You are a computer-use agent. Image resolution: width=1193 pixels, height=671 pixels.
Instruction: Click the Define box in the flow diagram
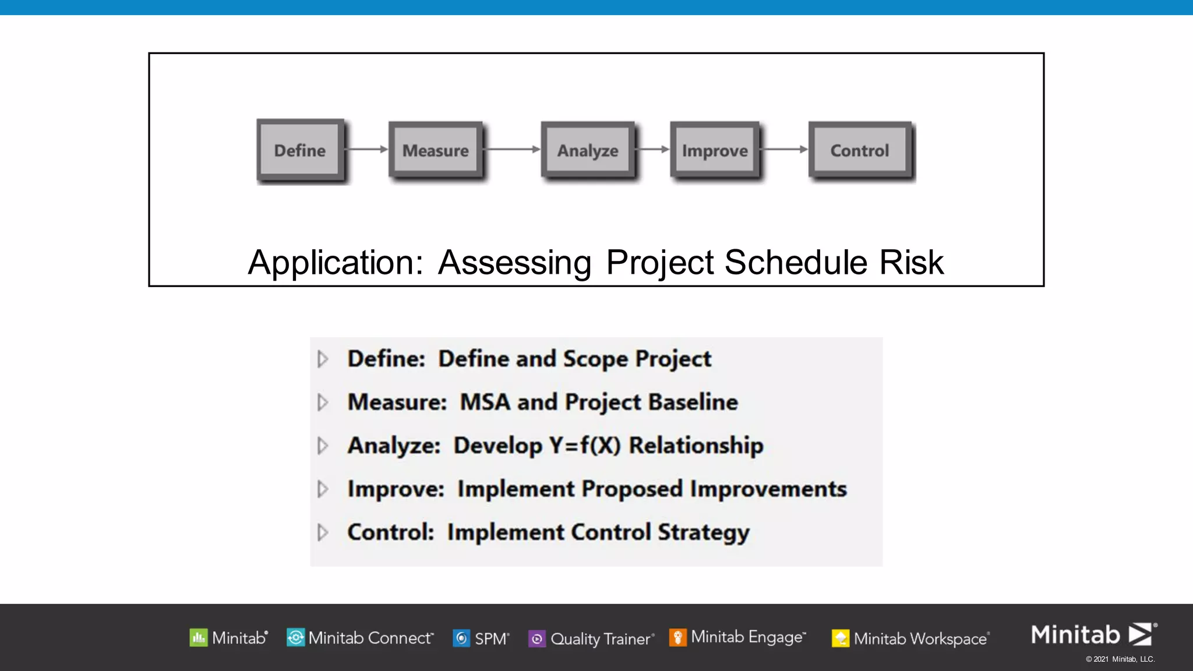(300, 150)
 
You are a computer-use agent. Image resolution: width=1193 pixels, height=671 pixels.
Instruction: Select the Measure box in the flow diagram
(436, 150)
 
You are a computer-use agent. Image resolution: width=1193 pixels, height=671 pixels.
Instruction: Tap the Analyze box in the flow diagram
(588, 150)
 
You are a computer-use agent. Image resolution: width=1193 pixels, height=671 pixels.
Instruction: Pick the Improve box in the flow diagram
(715, 150)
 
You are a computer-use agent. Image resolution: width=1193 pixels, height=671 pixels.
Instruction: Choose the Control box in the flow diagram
(860, 150)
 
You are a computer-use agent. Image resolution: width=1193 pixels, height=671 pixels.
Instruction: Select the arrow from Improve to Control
(784, 149)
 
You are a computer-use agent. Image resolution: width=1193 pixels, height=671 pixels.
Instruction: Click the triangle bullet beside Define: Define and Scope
(323, 359)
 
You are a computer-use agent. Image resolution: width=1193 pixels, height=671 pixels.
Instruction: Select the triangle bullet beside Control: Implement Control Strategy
(323, 532)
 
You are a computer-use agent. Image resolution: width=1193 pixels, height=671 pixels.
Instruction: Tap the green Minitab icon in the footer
(199, 638)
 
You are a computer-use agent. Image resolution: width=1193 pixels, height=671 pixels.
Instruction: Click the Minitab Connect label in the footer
(370, 638)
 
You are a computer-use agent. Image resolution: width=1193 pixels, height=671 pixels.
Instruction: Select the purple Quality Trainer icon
(537, 639)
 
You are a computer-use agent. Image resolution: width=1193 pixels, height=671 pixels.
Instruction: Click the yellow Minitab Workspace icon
(840, 638)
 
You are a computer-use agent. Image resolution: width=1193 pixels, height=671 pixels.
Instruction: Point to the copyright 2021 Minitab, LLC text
(1120, 659)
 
